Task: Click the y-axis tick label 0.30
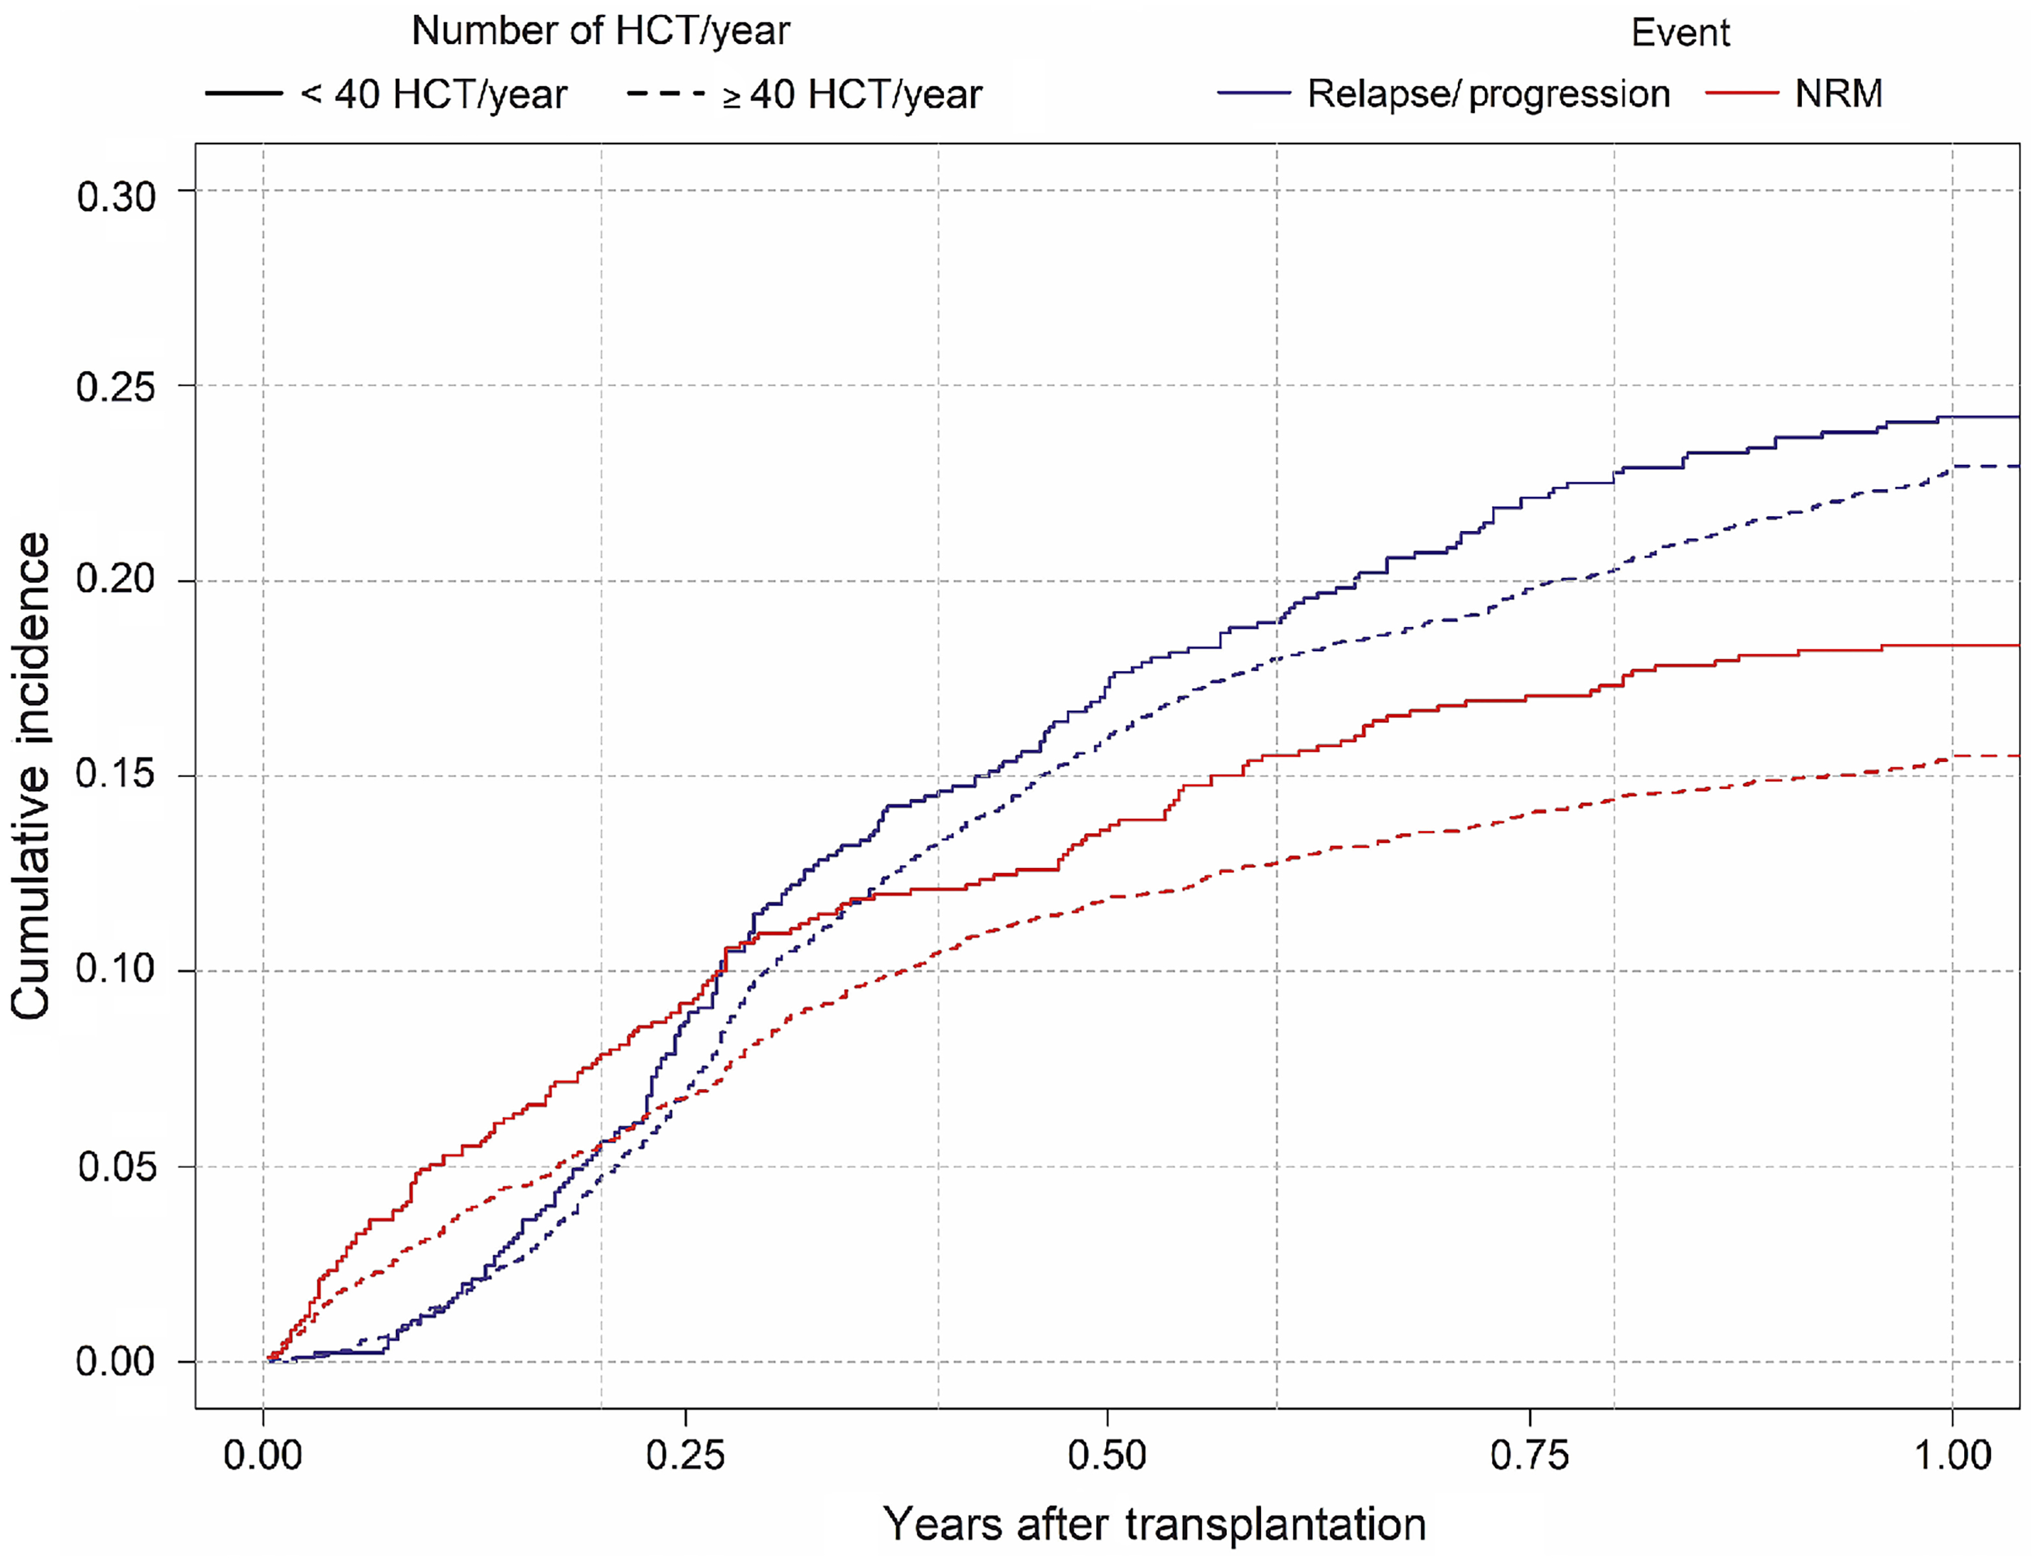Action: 116,197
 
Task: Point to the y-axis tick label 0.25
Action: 116,387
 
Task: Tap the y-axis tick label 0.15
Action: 116,773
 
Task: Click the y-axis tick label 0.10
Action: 116,968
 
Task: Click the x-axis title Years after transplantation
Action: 1154,1525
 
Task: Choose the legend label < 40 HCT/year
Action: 433,95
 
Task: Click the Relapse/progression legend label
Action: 1488,94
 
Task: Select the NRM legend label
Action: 1838,94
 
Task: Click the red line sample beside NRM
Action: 1742,94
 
